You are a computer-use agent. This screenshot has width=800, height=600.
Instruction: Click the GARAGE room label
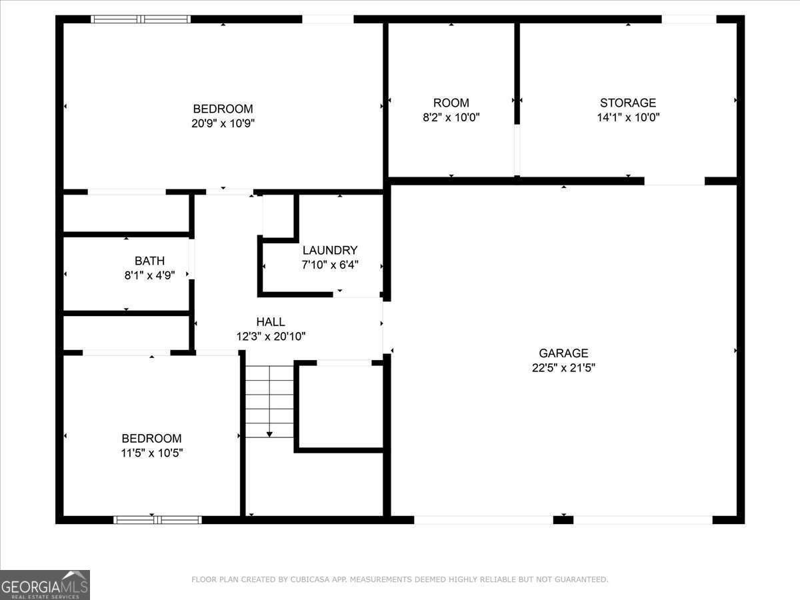tap(563, 353)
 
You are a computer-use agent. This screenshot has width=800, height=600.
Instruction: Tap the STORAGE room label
tap(628, 103)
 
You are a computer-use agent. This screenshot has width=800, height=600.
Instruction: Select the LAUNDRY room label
tap(330, 251)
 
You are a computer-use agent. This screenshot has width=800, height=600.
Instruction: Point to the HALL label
tap(271, 322)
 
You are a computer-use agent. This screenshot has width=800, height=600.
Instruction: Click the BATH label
tap(149, 261)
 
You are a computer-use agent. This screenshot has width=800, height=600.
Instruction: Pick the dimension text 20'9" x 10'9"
tap(223, 123)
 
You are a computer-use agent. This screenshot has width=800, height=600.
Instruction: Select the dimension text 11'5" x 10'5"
tap(151, 453)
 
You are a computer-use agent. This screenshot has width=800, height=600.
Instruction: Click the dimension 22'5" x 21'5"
tap(563, 368)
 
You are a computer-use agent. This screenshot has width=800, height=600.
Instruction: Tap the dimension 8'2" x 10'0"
tap(451, 117)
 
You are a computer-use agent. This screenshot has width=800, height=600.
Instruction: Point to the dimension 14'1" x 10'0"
tap(628, 117)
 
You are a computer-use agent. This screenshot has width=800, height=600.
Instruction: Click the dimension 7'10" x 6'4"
tap(330, 265)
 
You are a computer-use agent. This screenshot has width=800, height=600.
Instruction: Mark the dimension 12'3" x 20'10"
tap(271, 337)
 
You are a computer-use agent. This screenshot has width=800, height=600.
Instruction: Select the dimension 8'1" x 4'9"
tap(149, 275)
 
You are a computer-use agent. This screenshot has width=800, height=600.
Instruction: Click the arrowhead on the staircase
tap(269, 434)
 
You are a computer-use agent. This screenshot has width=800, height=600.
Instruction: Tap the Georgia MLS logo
tap(45, 585)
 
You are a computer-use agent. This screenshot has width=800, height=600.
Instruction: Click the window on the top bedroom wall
tap(141, 19)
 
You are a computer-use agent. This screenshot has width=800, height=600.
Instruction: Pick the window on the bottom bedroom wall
tap(157, 519)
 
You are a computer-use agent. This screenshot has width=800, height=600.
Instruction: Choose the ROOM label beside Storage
tap(451, 103)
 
